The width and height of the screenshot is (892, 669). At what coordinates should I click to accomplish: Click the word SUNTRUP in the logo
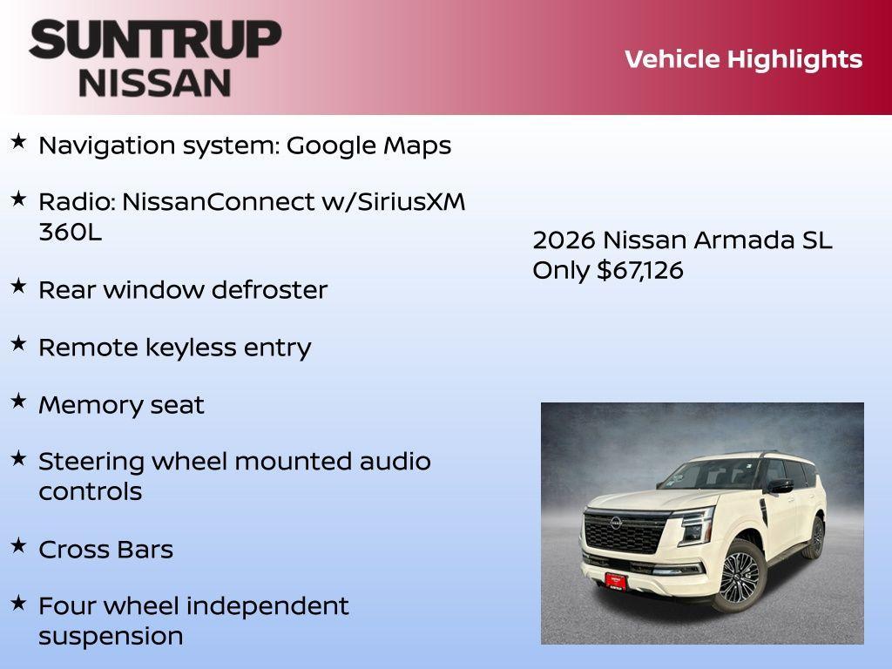coord(155,39)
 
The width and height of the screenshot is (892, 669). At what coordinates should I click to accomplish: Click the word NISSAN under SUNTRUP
coord(155,82)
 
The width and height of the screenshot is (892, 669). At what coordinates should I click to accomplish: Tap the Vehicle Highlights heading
coord(743,59)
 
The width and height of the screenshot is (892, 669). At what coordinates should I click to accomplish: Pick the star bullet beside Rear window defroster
coord(18,286)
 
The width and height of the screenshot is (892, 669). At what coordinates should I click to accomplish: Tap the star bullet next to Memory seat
coord(18,401)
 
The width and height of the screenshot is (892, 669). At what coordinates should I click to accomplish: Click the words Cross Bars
coord(105,550)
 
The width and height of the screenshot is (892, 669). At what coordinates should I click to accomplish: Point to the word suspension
coord(111,636)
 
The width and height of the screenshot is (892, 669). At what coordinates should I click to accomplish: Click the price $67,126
coord(639,270)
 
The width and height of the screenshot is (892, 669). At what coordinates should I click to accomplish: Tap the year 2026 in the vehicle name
coord(564,240)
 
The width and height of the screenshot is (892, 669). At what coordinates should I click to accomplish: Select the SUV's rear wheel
coord(815,537)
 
